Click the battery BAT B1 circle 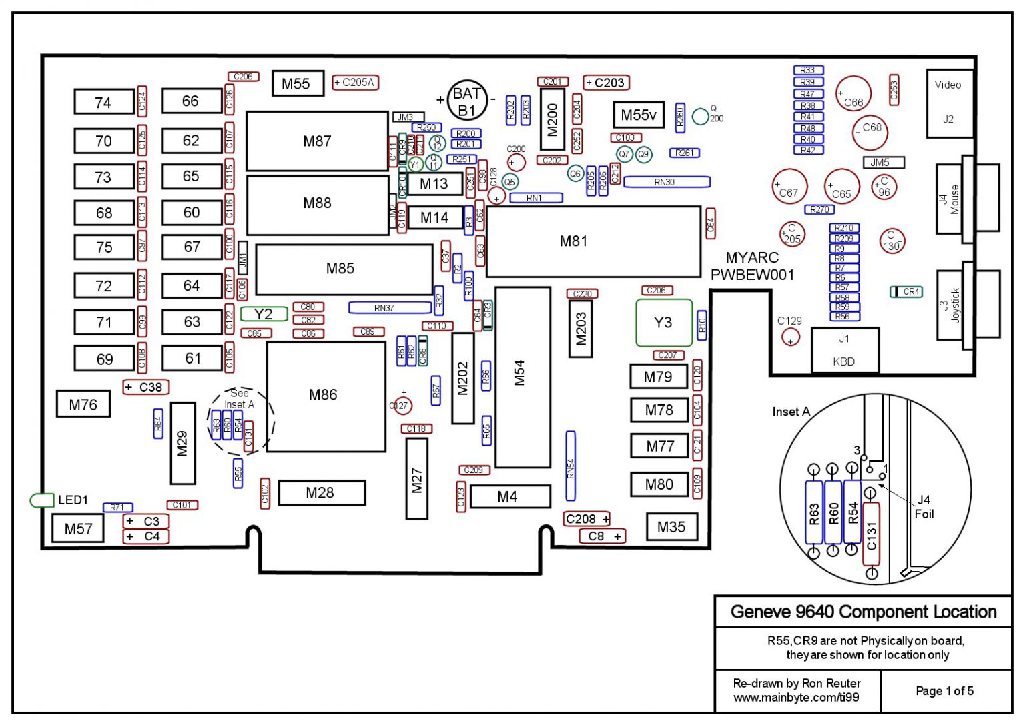point(467,101)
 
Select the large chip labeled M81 point(593,241)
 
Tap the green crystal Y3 point(663,323)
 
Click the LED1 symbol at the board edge point(42,500)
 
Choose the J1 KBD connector point(845,350)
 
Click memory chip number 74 point(103,102)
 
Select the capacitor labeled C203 point(606,83)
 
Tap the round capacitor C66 point(853,94)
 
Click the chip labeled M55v point(639,115)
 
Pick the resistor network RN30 point(667,182)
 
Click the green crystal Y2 point(264,314)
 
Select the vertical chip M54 point(523,377)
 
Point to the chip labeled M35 point(672,527)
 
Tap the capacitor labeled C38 point(146,387)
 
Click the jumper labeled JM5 point(884,162)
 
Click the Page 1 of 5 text point(944,691)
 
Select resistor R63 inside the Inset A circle point(814,512)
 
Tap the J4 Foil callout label point(924,507)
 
